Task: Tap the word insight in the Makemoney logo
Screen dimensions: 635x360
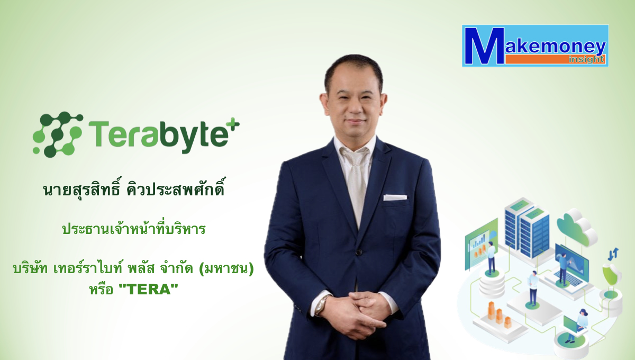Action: coord(586,59)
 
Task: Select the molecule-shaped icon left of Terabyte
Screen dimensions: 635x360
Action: coord(58,134)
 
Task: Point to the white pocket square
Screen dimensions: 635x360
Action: coord(395,197)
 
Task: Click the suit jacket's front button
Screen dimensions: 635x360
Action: coord(359,252)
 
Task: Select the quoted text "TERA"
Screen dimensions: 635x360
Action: coord(149,290)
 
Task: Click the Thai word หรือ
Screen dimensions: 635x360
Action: coord(101,290)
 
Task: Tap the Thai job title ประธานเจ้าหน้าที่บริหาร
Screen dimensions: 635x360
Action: coord(134,229)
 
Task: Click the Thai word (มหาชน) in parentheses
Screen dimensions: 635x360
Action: coord(226,268)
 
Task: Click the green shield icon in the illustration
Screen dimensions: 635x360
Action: coord(612,274)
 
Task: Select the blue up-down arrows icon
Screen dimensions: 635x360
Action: coord(613,254)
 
